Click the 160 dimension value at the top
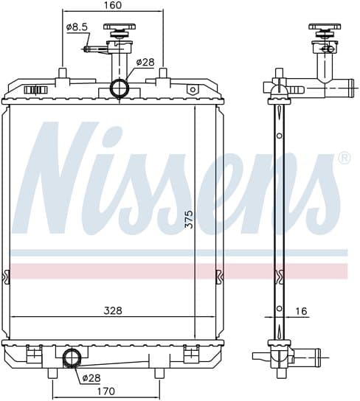(113, 5)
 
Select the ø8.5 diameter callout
(77, 27)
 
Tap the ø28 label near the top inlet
(145, 62)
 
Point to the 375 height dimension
(190, 219)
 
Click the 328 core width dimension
(113, 310)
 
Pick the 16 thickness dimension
(301, 311)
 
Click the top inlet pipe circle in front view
(119, 88)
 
